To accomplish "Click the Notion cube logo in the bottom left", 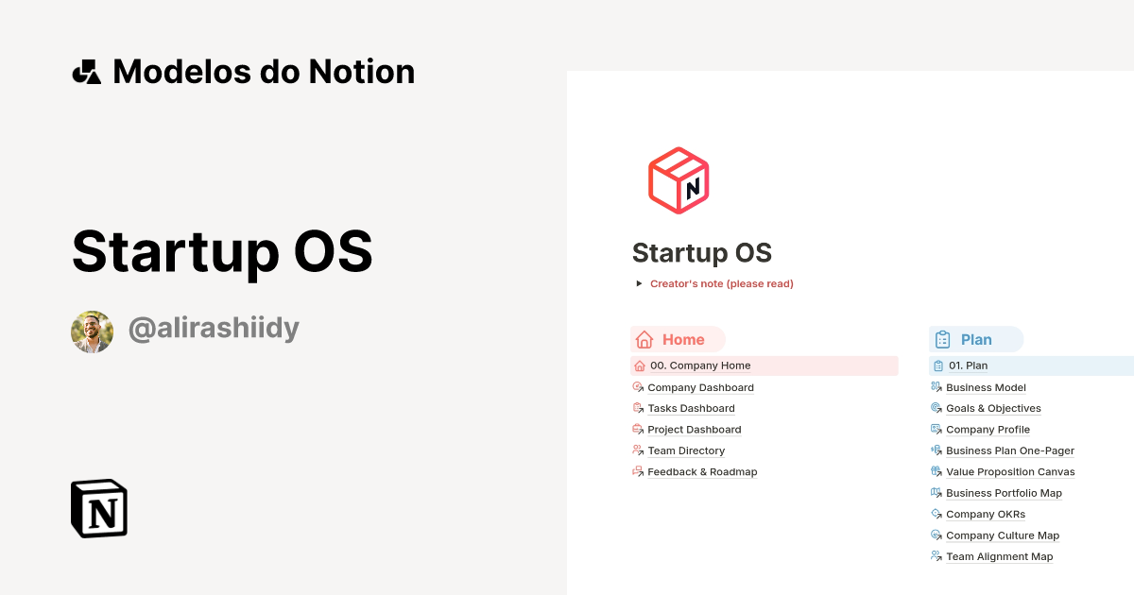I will pyautogui.click(x=99, y=508).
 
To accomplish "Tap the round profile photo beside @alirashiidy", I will pyautogui.click(x=92, y=331).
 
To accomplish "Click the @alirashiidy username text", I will pyautogui.click(x=214, y=329).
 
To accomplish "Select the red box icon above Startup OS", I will pyautogui.click(x=679, y=180).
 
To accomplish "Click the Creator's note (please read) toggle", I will pyautogui.click(x=721, y=283).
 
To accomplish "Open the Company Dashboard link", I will pyautogui.click(x=700, y=387).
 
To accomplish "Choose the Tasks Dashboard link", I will pyautogui.click(x=691, y=408).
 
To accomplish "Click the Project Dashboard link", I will pyautogui.click(x=694, y=430).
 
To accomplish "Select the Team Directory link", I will pyautogui.click(x=686, y=450).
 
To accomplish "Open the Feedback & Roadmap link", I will pyautogui.click(x=702, y=471).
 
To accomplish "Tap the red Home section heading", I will pyautogui.click(x=678, y=340).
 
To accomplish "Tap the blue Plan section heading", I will pyautogui.click(x=976, y=340).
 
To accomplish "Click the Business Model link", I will pyautogui.click(x=986, y=387).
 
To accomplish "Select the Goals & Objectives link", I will pyautogui.click(x=993, y=408).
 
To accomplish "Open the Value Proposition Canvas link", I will pyautogui.click(x=1010, y=471).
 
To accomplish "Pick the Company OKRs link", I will pyautogui.click(x=985, y=514).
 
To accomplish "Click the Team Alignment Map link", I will pyautogui.click(x=999, y=556).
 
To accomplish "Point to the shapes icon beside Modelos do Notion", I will pyautogui.click(x=86, y=72).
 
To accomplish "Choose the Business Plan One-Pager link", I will pyautogui.click(x=1009, y=450).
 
